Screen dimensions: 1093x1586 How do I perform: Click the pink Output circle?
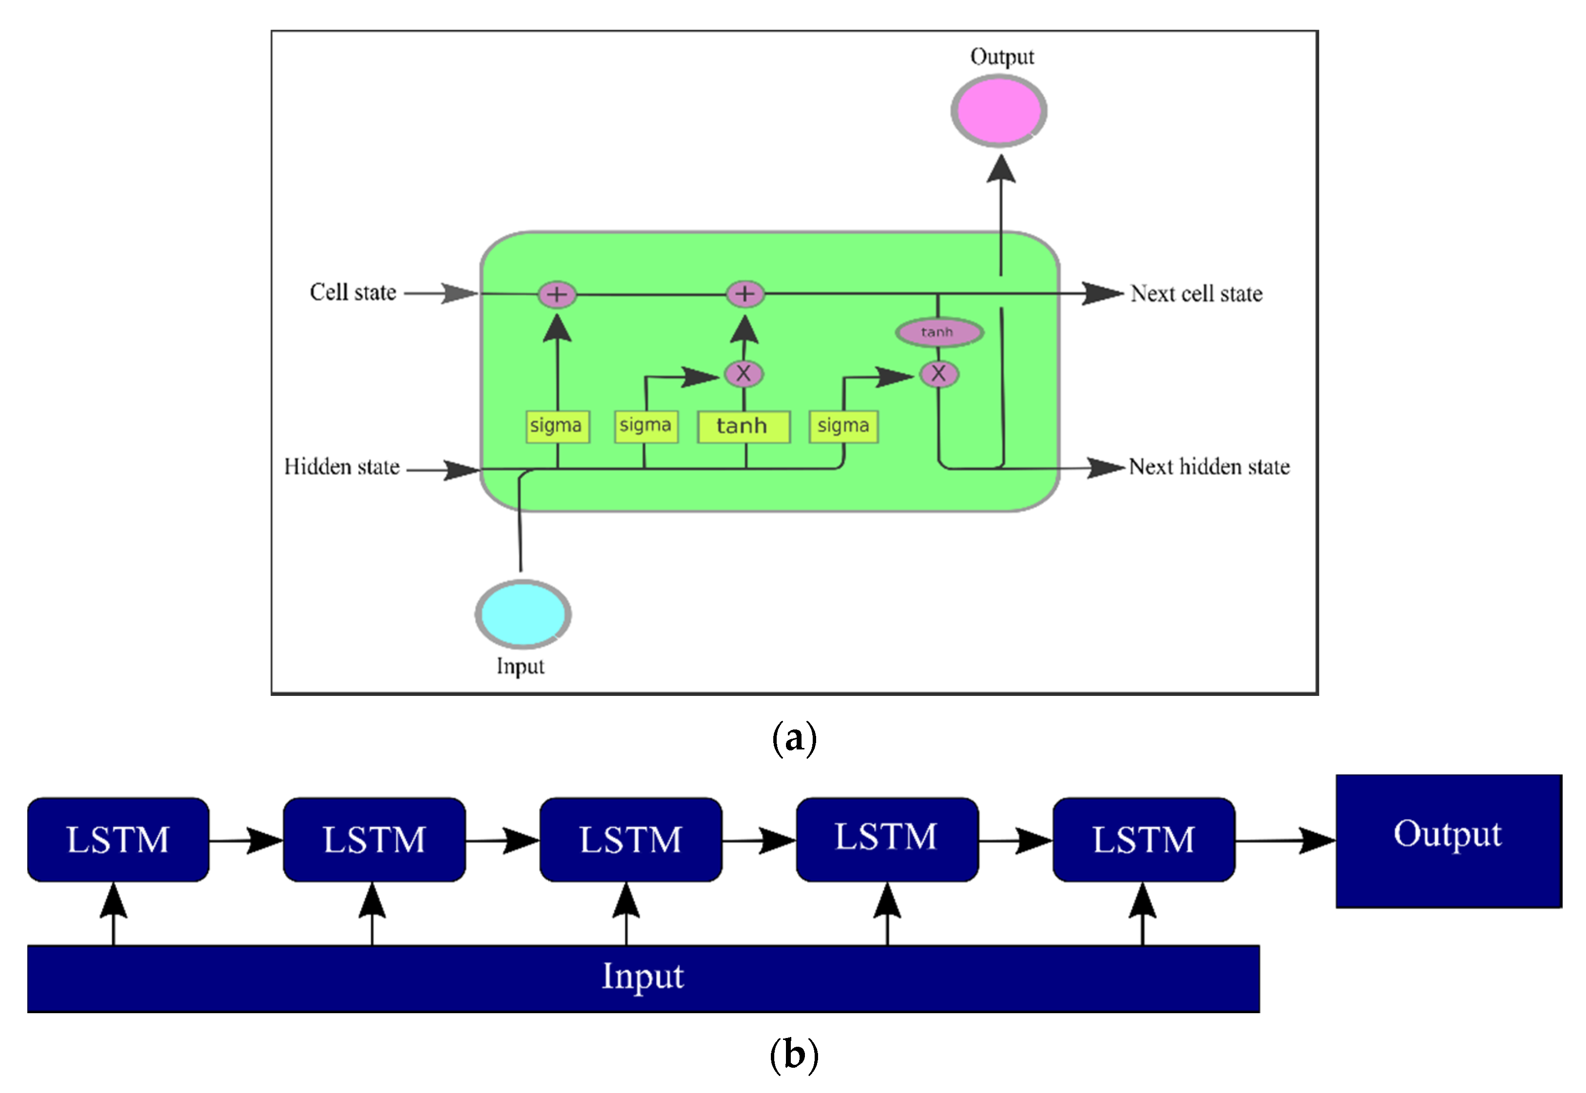click(999, 111)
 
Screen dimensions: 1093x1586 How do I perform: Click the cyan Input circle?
click(523, 614)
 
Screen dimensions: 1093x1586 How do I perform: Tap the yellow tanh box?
click(743, 426)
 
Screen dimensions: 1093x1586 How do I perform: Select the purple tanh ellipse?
click(939, 332)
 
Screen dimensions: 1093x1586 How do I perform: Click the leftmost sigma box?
click(557, 426)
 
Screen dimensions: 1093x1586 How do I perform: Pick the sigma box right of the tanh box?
click(843, 426)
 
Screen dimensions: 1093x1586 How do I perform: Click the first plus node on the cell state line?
click(557, 294)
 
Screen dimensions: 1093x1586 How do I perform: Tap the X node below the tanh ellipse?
click(938, 374)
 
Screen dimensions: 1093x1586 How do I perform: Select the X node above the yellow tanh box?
click(744, 374)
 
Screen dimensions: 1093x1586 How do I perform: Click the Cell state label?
click(353, 292)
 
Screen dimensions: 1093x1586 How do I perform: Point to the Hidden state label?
click(342, 467)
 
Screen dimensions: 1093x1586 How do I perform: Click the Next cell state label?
click(1196, 294)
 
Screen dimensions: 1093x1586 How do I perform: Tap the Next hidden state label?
click(1209, 467)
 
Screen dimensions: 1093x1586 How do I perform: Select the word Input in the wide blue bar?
click(642, 977)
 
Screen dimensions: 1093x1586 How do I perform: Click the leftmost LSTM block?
click(118, 839)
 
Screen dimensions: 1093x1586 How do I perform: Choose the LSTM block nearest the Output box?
click(1143, 839)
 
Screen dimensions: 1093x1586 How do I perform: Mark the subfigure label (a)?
click(794, 738)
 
